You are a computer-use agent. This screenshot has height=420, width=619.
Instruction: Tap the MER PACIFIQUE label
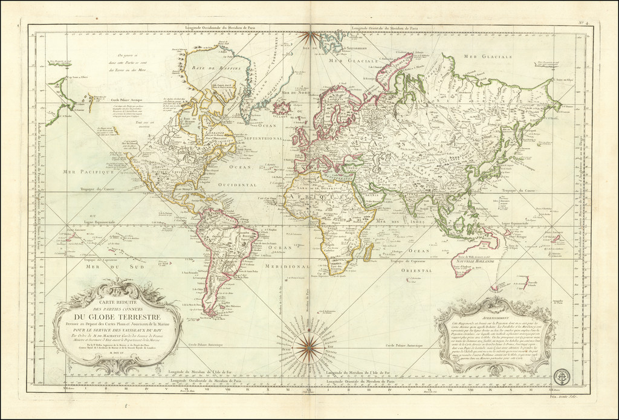88,172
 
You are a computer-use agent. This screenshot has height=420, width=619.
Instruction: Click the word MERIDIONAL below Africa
285,267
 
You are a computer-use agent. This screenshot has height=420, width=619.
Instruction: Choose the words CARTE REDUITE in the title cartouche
117,301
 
